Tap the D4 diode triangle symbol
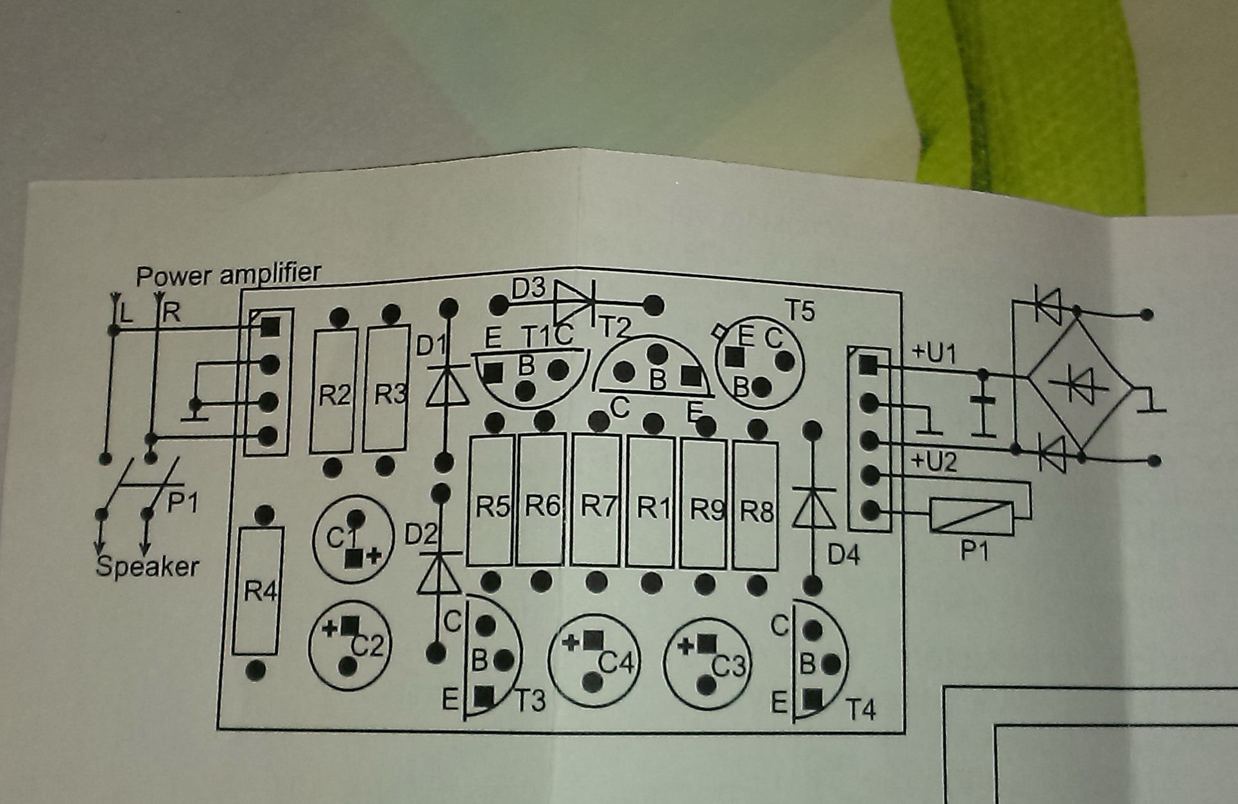point(814,507)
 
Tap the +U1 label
point(934,353)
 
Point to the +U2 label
point(934,462)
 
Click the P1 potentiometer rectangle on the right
point(972,516)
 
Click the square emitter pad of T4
point(812,698)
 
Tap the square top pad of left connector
point(270,327)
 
